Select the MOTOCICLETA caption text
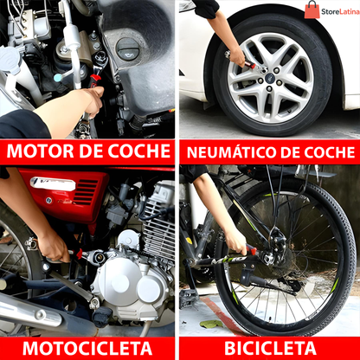[87, 349]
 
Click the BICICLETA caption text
[270, 349]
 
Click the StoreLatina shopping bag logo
[312, 10]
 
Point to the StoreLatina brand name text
[340, 12]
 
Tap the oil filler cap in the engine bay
[127, 49]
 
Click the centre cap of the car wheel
[270, 78]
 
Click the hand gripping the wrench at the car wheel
[238, 56]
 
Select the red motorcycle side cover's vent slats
[86, 191]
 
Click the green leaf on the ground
[211, 324]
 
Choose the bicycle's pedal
[188, 297]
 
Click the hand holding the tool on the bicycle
[236, 241]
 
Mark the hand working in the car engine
[93, 101]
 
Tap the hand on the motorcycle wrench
[54, 247]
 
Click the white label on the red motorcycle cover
[53, 183]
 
